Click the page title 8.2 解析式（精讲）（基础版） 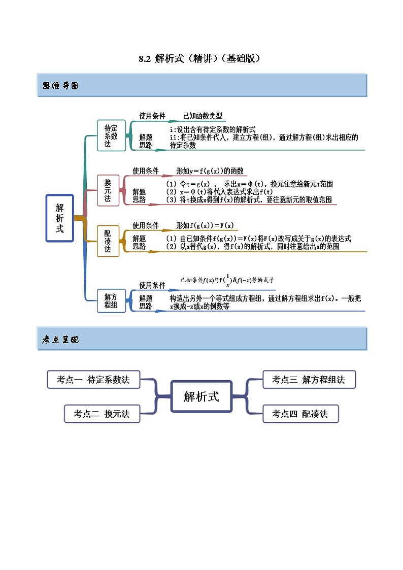pyautogui.click(x=201, y=58)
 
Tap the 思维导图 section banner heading pyautogui.click(x=60, y=86)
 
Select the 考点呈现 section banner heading pyautogui.click(x=60, y=340)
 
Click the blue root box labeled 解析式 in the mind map pyautogui.click(x=60, y=218)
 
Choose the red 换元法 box pyautogui.click(x=108, y=190)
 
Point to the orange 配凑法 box pyautogui.click(x=108, y=241)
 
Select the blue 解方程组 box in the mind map pyautogui.click(x=111, y=301)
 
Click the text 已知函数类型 pyautogui.click(x=203, y=116)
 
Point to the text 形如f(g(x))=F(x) pyautogui.click(x=205, y=225)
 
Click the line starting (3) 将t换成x pyautogui.click(x=249, y=199)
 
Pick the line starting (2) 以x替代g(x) pyautogui.click(x=252, y=247)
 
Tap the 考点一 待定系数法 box pyautogui.click(x=93, y=380)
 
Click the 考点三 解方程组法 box pyautogui.click(x=309, y=380)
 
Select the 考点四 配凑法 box pyautogui.click(x=300, y=414)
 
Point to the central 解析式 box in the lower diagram pyautogui.click(x=201, y=396)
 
